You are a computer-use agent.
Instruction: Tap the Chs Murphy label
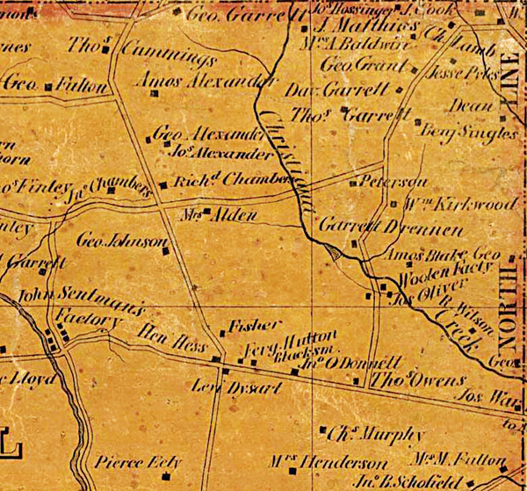point(364,435)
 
